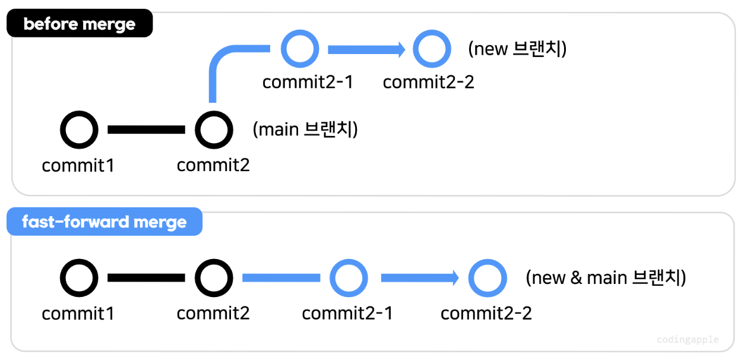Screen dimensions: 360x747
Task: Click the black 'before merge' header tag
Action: [x=79, y=24]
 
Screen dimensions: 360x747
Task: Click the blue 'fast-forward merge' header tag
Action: [x=104, y=222]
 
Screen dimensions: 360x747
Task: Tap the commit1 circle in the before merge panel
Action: [x=79, y=130]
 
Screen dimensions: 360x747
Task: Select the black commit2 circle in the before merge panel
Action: [x=214, y=130]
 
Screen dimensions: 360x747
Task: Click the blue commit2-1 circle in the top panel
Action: [x=300, y=49]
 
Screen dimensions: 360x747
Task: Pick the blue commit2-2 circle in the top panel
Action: [x=432, y=49]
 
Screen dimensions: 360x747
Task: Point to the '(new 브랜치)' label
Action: [x=517, y=49]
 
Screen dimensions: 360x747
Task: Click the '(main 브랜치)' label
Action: [x=305, y=129]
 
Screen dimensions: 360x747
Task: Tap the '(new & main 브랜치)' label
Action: [x=606, y=277]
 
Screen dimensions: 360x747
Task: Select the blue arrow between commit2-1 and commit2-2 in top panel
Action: [x=365, y=49]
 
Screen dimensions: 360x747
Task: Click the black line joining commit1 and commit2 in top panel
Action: [x=146, y=130]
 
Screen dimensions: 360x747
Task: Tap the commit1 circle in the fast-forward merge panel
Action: [x=79, y=277]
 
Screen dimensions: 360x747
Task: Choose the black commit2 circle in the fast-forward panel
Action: [x=214, y=277]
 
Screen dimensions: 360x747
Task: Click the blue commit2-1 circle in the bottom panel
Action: [x=349, y=277]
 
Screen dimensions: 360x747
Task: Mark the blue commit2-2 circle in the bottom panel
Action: [x=488, y=277]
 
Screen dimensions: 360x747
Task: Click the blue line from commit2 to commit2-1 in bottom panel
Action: [x=281, y=277]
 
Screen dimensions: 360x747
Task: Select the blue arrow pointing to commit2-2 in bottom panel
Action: [x=419, y=277]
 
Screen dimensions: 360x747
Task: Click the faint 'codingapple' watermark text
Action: [x=688, y=340]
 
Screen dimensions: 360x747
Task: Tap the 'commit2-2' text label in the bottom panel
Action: [x=486, y=313]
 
